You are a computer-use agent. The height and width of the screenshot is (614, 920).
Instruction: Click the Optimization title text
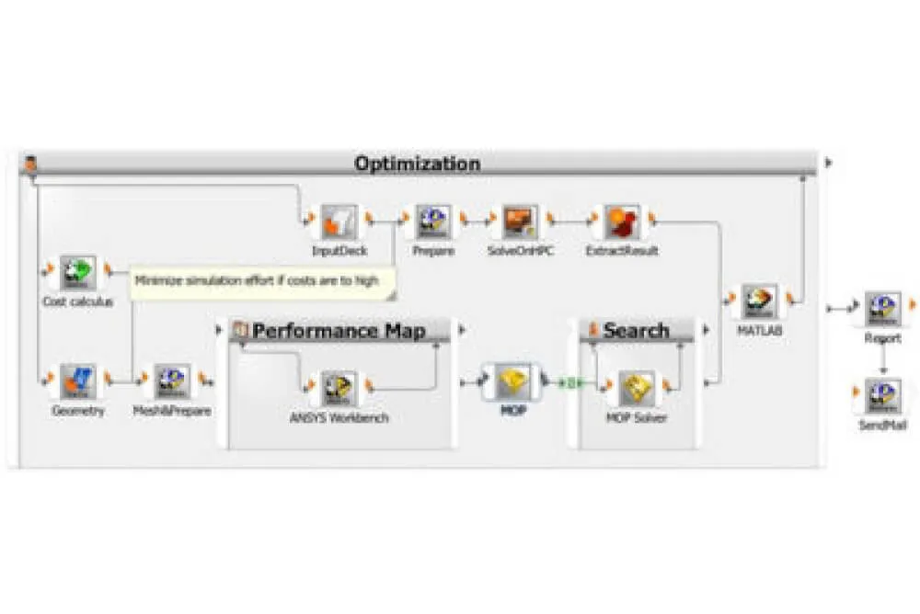[x=417, y=165]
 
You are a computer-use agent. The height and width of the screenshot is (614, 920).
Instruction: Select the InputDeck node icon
[x=339, y=221]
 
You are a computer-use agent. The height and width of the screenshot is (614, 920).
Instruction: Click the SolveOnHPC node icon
[x=521, y=221]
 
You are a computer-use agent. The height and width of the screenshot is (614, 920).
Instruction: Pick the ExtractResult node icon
[x=622, y=221]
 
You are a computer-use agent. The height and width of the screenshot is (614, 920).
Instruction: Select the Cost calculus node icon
[x=78, y=271]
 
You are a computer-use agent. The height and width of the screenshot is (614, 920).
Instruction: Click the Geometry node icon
[x=78, y=380]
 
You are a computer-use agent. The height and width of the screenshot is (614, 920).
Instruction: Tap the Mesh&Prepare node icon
[x=172, y=380]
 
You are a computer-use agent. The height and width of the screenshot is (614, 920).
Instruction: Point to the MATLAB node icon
[x=760, y=301]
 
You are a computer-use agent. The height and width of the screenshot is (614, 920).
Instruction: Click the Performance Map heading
[x=339, y=331]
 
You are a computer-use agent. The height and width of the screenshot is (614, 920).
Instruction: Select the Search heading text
[x=636, y=331]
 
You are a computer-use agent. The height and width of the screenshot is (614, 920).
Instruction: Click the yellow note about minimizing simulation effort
[x=263, y=281]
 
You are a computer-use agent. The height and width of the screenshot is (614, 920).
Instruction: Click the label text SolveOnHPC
[x=521, y=251]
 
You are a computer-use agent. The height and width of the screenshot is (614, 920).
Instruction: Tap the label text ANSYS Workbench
[x=339, y=418]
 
